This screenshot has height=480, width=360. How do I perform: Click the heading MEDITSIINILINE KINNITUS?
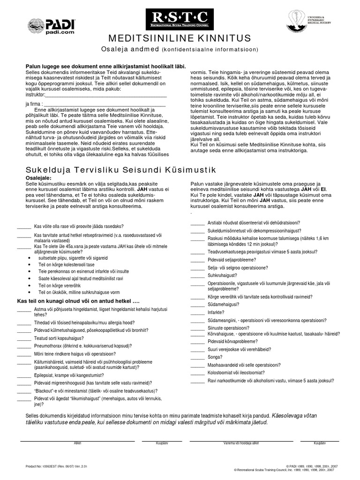click(180, 38)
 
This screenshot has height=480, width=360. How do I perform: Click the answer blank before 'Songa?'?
click(197, 357)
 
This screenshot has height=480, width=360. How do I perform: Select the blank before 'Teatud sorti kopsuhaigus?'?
click(24, 338)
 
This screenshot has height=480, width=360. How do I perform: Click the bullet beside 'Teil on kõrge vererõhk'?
click(30, 285)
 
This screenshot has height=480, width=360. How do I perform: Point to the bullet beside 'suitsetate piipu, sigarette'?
click(30, 258)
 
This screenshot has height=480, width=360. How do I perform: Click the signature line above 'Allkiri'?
click(77, 441)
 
